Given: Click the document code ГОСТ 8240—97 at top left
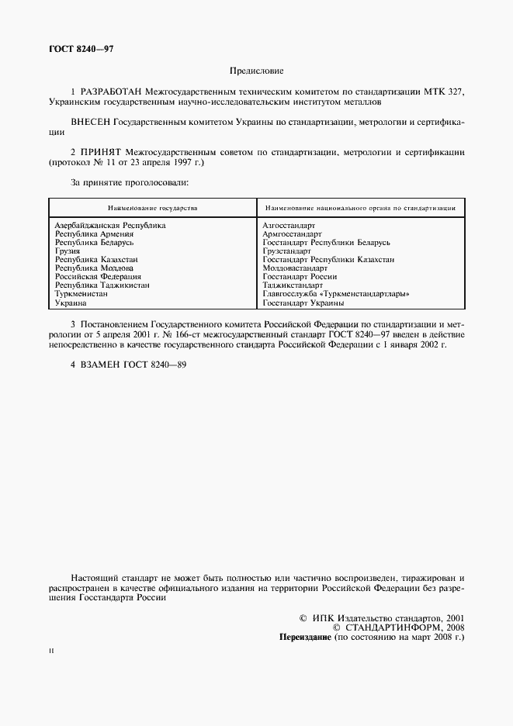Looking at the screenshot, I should coord(81,50).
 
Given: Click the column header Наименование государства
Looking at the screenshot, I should coord(152,208).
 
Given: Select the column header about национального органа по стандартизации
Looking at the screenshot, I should coord(360,208).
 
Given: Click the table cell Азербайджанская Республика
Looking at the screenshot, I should coord(110,226).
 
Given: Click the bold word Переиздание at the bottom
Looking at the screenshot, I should coord(305,637).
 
